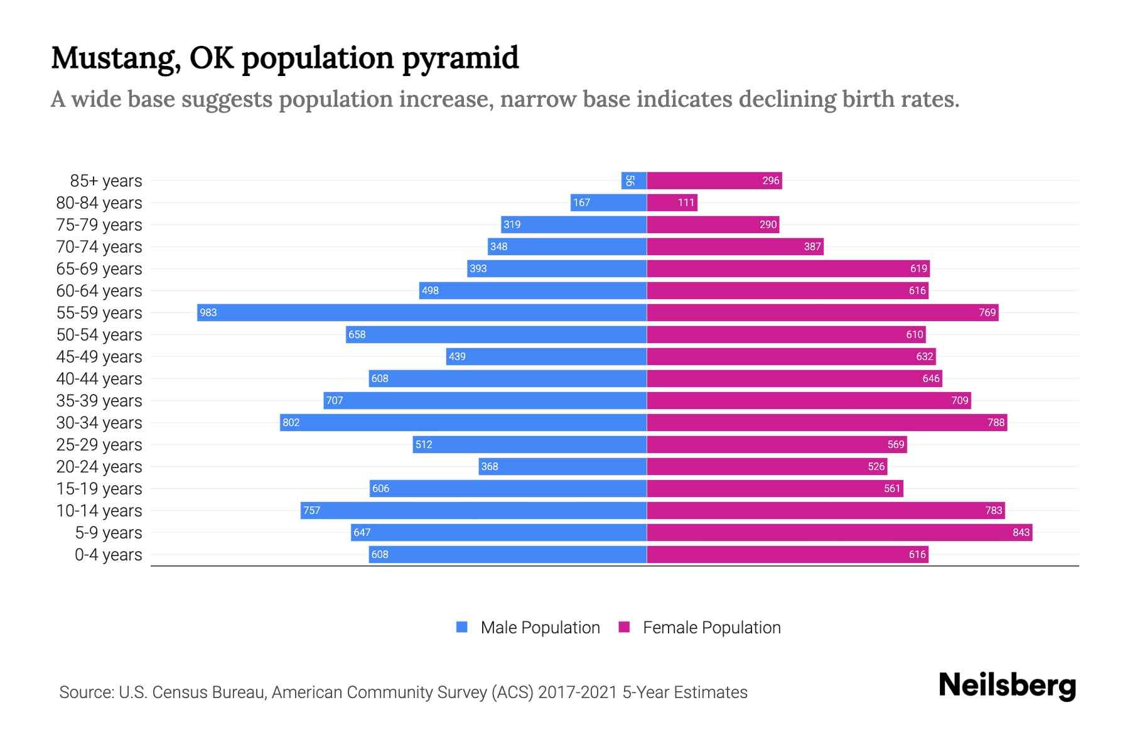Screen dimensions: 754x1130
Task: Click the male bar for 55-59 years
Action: (x=422, y=312)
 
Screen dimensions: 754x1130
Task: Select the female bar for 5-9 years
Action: (x=839, y=532)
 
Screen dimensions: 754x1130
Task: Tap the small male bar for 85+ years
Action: (x=633, y=180)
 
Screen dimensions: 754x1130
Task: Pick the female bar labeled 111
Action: (x=672, y=202)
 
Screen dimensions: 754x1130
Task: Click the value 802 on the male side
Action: (x=291, y=422)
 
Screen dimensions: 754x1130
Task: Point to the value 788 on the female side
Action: (x=996, y=422)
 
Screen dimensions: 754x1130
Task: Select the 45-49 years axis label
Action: (x=99, y=356)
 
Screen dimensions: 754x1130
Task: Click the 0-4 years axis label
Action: (x=108, y=554)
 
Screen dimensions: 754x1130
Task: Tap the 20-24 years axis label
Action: (x=99, y=466)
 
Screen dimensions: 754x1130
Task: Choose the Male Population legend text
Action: (x=540, y=627)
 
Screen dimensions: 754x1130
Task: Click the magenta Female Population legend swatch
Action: (x=624, y=627)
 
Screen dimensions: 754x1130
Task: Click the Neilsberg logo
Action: (x=1007, y=686)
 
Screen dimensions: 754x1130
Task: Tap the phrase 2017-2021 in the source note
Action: (x=578, y=692)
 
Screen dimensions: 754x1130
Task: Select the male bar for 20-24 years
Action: (x=562, y=466)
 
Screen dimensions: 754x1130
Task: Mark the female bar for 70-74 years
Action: (x=734, y=246)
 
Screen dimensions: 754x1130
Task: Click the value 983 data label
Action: (x=208, y=312)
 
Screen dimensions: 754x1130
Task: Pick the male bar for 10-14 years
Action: (x=473, y=510)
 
